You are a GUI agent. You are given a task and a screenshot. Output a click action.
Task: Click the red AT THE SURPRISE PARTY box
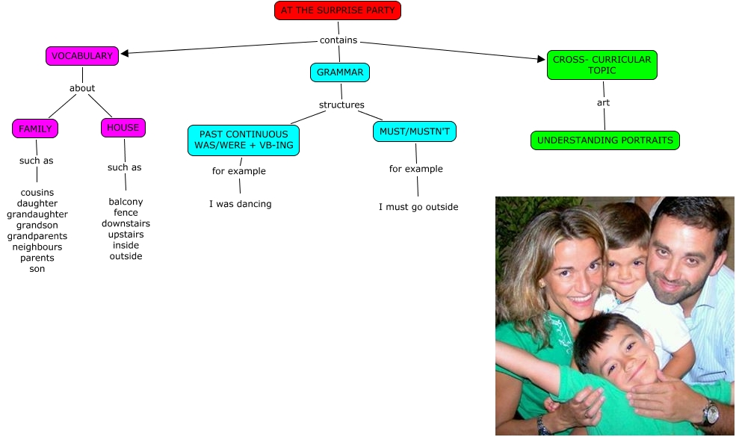(338, 10)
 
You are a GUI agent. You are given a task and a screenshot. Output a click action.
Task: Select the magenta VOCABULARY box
(82, 56)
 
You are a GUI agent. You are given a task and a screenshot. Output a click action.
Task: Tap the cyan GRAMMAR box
(340, 72)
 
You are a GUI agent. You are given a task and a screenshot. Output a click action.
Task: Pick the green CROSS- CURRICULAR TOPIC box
(602, 65)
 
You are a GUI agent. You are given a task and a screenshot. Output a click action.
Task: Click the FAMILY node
(35, 128)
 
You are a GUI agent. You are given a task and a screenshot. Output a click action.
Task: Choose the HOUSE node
(123, 128)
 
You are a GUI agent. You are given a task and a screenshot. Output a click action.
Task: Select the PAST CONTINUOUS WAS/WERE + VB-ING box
(244, 140)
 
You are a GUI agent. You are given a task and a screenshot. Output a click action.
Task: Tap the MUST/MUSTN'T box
(414, 131)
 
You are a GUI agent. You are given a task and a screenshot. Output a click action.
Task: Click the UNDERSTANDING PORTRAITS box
(605, 140)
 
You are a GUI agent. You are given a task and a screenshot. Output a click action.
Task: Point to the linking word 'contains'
(338, 40)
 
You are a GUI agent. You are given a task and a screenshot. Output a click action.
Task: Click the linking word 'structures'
(341, 105)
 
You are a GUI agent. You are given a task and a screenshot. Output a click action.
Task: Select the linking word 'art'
(604, 102)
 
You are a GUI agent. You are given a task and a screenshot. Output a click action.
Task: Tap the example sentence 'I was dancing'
(241, 204)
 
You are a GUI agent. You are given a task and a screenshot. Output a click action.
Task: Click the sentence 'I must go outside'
(418, 207)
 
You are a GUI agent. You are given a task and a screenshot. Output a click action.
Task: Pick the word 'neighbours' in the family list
(37, 247)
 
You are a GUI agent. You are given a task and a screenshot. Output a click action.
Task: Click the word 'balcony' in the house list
(126, 202)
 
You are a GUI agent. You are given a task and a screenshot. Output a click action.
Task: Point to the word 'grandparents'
(37, 236)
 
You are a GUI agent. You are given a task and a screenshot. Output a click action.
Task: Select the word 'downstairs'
(126, 223)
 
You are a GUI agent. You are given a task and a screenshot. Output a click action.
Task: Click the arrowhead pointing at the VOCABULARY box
(124, 53)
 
